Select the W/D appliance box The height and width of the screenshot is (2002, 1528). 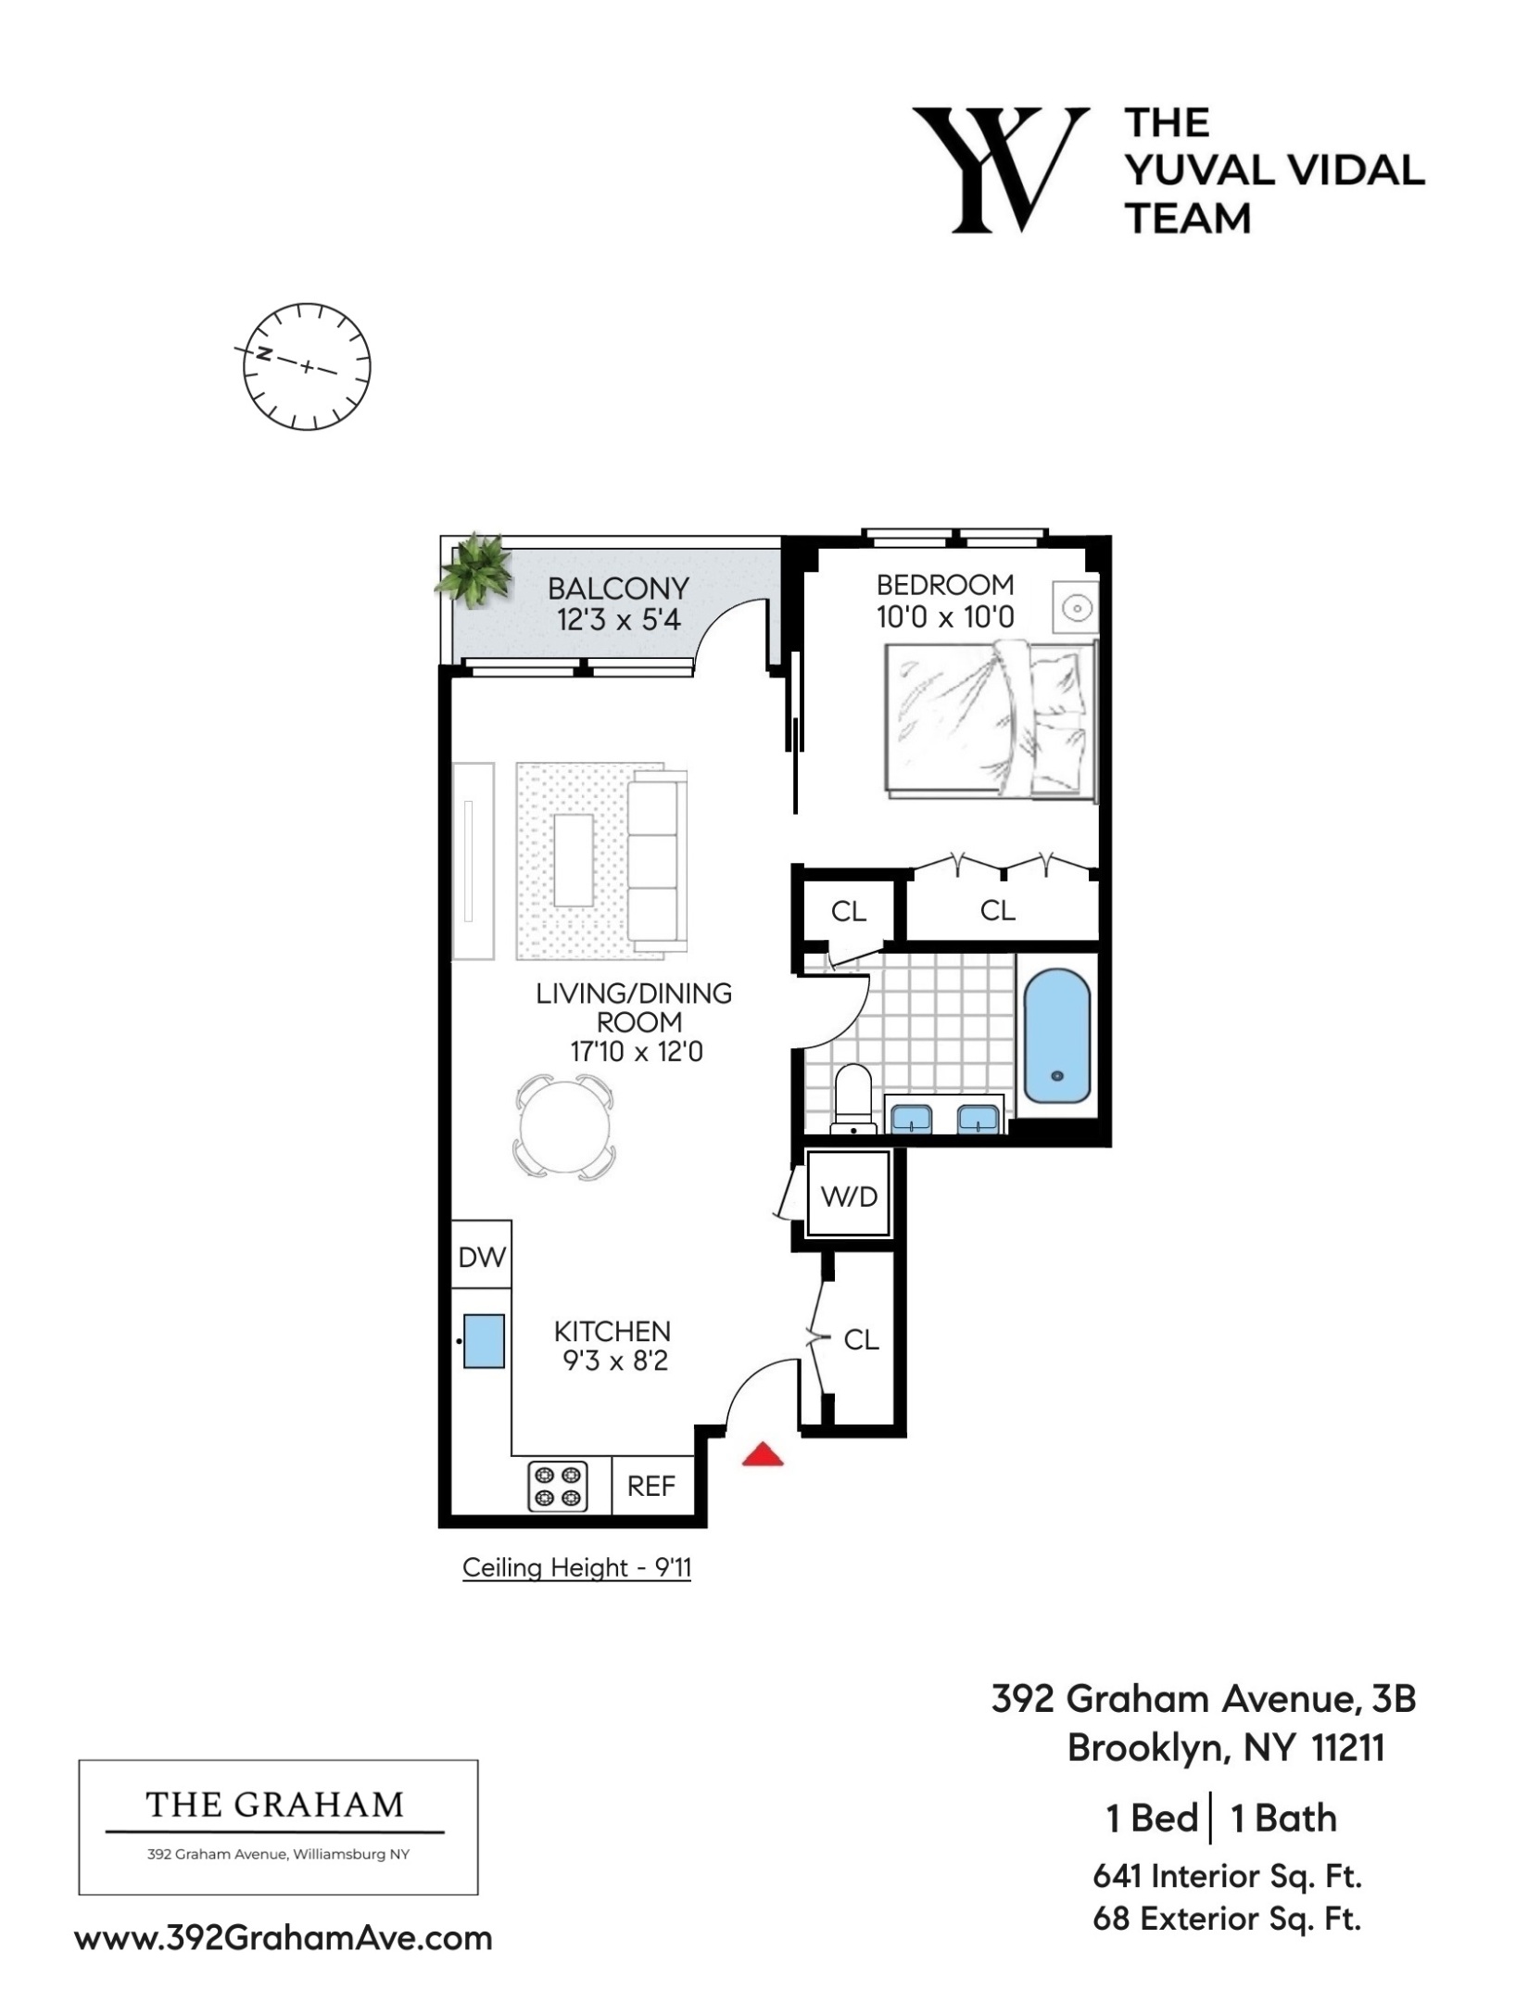[x=849, y=1196]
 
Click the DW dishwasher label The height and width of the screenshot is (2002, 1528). [x=482, y=1257]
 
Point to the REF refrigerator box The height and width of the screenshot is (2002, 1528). [x=650, y=1486]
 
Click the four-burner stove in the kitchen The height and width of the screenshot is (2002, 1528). [x=558, y=1486]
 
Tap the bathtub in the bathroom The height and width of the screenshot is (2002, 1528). [x=1056, y=1036]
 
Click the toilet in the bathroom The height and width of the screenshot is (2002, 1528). [x=853, y=1098]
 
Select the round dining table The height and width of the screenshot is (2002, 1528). [x=563, y=1126]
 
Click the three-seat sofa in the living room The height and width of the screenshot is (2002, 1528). [x=656, y=862]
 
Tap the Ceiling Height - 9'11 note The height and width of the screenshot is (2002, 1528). [x=576, y=1568]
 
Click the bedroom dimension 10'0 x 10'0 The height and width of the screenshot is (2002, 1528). [x=945, y=617]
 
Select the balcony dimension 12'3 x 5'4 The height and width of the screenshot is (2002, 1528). [x=618, y=620]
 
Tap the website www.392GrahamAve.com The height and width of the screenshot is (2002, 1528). [x=284, y=1938]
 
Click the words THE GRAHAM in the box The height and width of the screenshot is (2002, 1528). [x=275, y=1805]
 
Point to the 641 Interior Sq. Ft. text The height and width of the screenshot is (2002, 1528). [x=1227, y=1876]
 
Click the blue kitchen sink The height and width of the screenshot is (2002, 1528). [x=483, y=1341]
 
